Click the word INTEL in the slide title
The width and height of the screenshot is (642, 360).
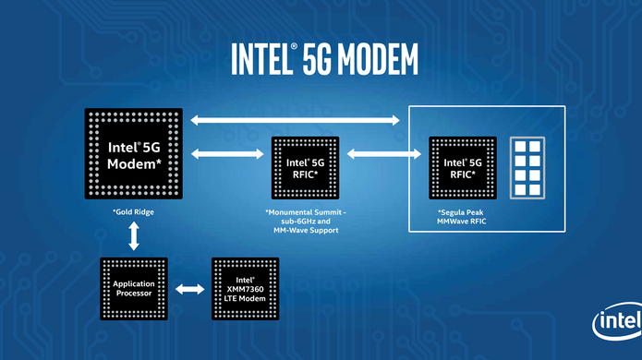[x=258, y=59]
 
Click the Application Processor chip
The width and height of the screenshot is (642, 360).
[x=134, y=289]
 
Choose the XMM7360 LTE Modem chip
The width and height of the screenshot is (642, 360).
[x=246, y=289]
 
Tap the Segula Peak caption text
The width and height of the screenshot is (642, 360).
[x=466, y=212]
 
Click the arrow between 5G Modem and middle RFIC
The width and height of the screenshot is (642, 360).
[x=225, y=152]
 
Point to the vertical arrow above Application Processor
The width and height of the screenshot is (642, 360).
[x=135, y=237]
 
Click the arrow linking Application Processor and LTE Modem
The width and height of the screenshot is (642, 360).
[x=190, y=289]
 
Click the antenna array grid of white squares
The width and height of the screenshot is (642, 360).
[x=529, y=168]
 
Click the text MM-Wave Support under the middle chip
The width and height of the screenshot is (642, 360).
[x=304, y=231]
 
